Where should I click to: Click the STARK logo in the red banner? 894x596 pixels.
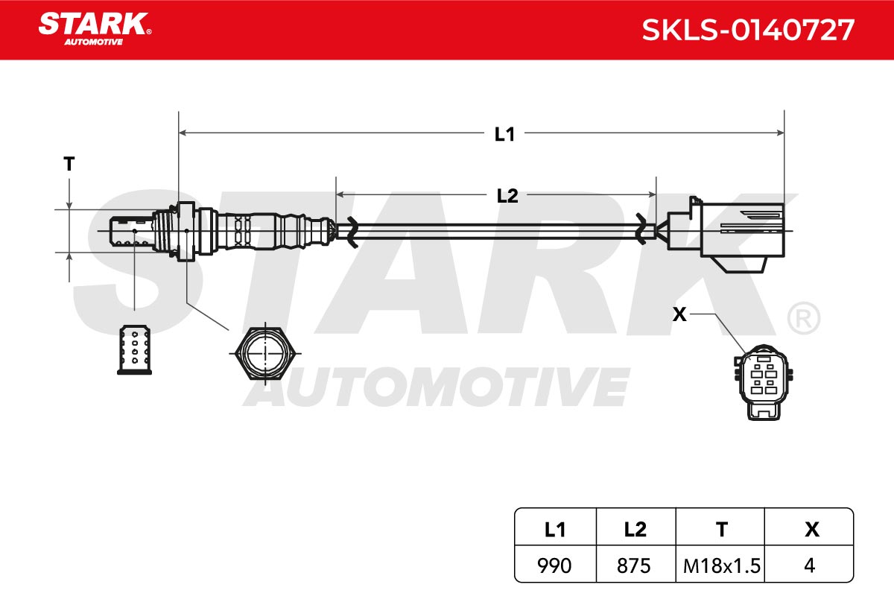click(95, 29)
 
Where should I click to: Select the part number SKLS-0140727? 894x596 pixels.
click(748, 30)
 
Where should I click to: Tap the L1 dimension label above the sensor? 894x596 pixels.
click(504, 135)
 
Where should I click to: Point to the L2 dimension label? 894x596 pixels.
click(507, 196)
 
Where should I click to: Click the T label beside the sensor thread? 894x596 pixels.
click(69, 164)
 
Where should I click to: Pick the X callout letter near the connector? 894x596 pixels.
click(679, 314)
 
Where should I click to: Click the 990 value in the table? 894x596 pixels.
click(554, 565)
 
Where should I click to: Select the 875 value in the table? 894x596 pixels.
click(634, 565)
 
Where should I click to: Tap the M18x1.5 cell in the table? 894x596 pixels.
click(722, 566)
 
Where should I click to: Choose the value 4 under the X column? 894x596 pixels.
click(809, 565)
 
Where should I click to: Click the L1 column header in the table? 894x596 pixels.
click(555, 530)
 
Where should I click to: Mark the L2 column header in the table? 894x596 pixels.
click(635, 530)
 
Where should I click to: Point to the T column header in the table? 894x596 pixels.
click(722, 530)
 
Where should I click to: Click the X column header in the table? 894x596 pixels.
click(812, 530)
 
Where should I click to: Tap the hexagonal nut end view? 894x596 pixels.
click(265, 354)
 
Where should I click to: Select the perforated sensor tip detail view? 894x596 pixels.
click(135, 350)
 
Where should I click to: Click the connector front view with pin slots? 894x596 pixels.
click(764, 382)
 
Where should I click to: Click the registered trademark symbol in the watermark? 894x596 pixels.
click(803, 318)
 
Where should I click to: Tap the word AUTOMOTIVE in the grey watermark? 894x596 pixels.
click(437, 387)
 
